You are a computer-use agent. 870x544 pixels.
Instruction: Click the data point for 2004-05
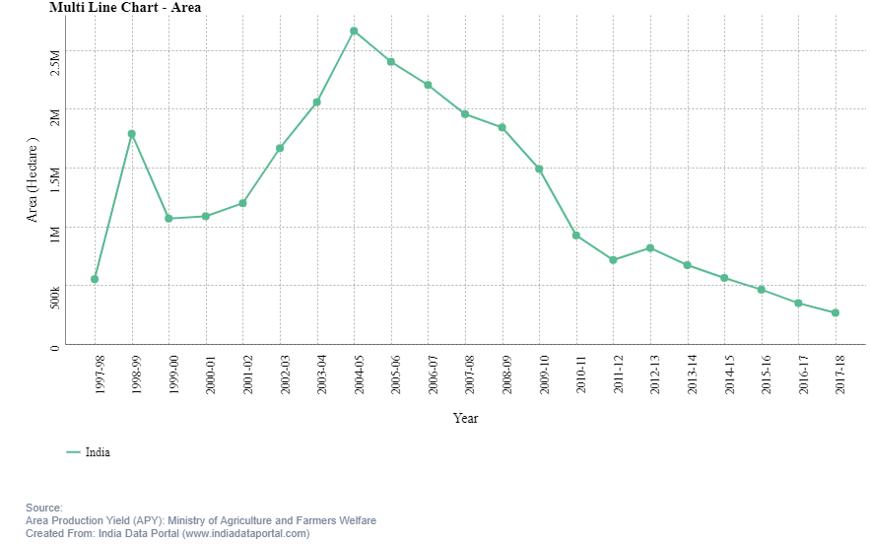pos(354,32)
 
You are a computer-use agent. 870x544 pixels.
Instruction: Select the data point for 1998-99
pos(131,134)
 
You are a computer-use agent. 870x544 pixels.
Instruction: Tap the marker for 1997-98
pos(95,279)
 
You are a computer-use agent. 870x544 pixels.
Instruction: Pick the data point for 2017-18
pos(836,313)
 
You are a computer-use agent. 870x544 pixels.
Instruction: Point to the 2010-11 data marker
pos(576,236)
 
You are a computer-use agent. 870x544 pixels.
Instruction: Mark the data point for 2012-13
pos(650,248)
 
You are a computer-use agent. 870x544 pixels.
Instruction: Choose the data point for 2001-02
pos(242,203)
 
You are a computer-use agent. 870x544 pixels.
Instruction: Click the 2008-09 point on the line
pos(502,127)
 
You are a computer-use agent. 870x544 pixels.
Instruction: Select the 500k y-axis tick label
pos(55,298)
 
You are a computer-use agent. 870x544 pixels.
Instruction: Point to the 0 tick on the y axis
pos(55,346)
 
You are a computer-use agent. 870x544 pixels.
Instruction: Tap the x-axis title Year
pos(466,419)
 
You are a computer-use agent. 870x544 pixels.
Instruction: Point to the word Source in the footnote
pos(43,508)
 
